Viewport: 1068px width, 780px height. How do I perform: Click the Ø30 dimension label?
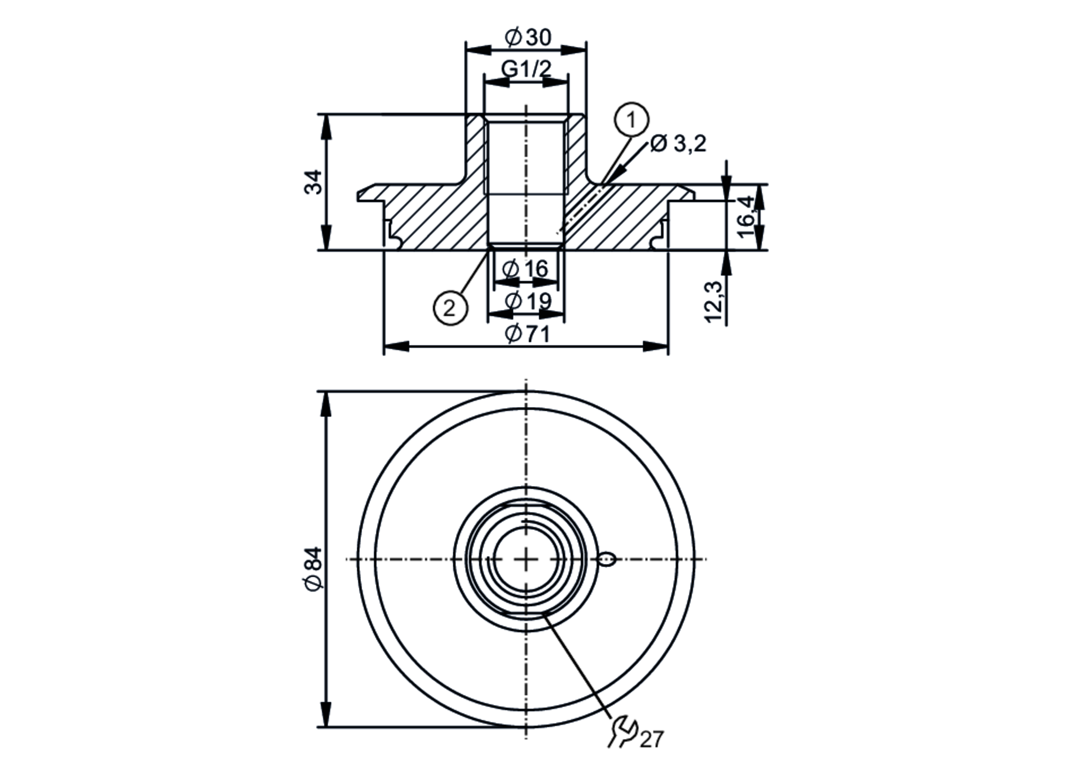coord(528,37)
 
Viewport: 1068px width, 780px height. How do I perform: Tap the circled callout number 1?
coord(632,120)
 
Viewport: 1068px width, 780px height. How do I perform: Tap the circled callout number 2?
coord(450,308)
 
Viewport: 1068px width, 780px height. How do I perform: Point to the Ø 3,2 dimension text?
coord(678,144)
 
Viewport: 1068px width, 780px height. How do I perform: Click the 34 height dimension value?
coord(314,182)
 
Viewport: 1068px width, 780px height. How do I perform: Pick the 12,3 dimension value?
coord(714,301)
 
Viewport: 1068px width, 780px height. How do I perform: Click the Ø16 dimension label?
coord(526,269)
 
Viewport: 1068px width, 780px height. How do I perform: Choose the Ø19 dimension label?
coord(527,301)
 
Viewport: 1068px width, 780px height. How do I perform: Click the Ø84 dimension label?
coord(314,568)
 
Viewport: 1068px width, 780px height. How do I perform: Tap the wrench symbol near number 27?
coord(623,731)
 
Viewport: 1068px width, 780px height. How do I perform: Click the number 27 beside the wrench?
coord(651,739)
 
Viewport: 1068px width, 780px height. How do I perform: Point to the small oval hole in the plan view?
coord(607,559)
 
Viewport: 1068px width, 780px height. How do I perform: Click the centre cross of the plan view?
coord(527,559)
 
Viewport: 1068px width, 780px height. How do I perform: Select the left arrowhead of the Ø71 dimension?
coord(395,346)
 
